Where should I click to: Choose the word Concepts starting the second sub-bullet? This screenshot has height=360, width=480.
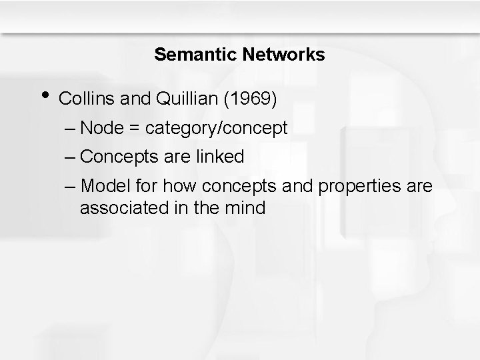click(131, 157)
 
